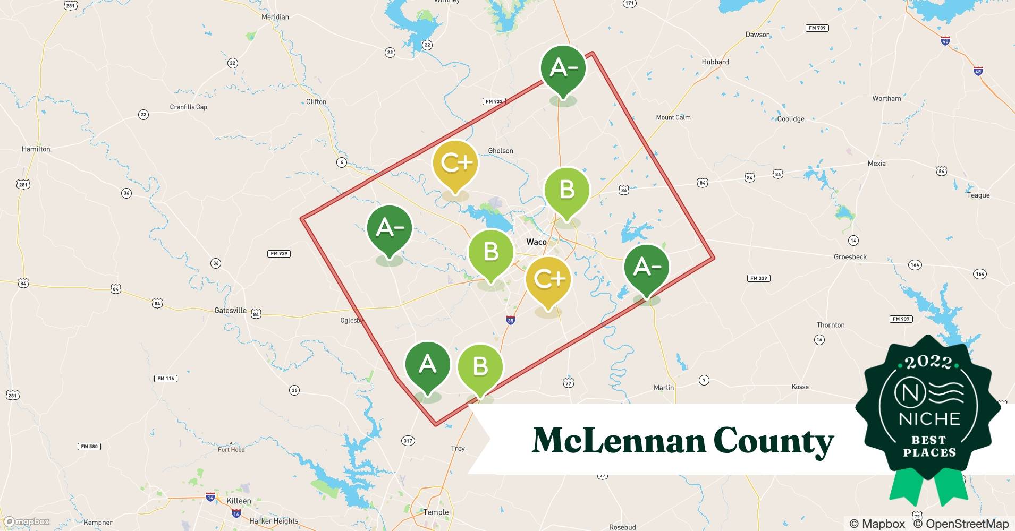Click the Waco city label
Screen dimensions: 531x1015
pyautogui.click(x=536, y=242)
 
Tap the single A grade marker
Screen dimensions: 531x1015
pyautogui.click(x=427, y=365)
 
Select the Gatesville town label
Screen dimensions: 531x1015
pyautogui.click(x=231, y=310)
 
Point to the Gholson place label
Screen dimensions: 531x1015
pyautogui.click(x=501, y=151)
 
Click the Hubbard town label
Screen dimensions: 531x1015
pyautogui.click(x=715, y=62)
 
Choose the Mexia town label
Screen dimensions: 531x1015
pyautogui.click(x=876, y=164)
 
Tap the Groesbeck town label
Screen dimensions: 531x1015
pyautogui.click(x=850, y=257)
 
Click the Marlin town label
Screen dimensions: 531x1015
pyautogui.click(x=664, y=388)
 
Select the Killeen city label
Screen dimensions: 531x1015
pyautogui.click(x=239, y=501)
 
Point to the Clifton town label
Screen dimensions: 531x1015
pyautogui.click(x=316, y=101)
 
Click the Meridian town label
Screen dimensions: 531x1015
pyautogui.click(x=275, y=17)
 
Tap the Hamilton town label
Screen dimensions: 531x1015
pyautogui.click(x=36, y=149)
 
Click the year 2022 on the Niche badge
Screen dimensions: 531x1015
pyautogui.click(x=928, y=363)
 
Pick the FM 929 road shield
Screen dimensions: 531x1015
pyautogui.click(x=279, y=253)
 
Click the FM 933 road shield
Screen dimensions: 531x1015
pyautogui.click(x=494, y=101)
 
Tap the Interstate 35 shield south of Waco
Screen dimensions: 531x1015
pyautogui.click(x=510, y=320)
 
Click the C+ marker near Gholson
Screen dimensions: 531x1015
pyautogui.click(x=455, y=163)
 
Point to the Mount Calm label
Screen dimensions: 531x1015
pyautogui.click(x=673, y=117)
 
